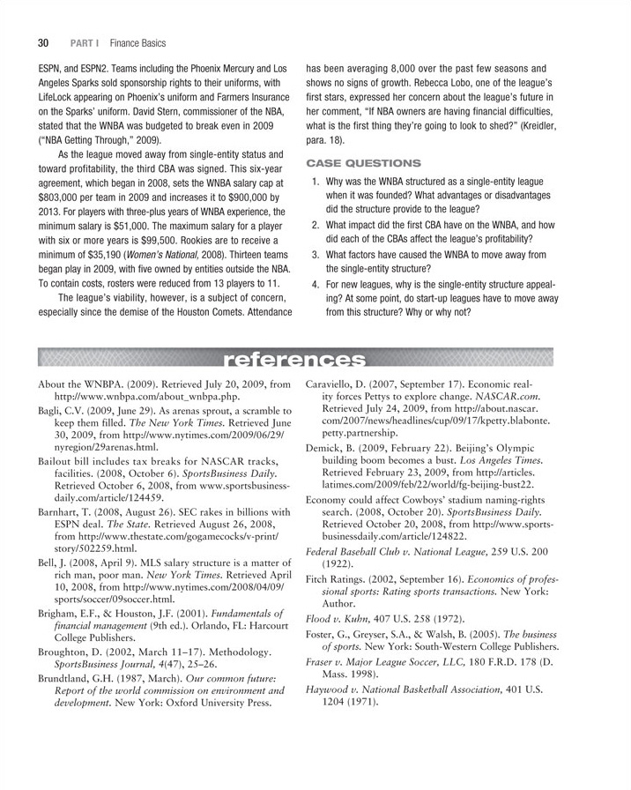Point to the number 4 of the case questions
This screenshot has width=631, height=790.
point(316,285)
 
